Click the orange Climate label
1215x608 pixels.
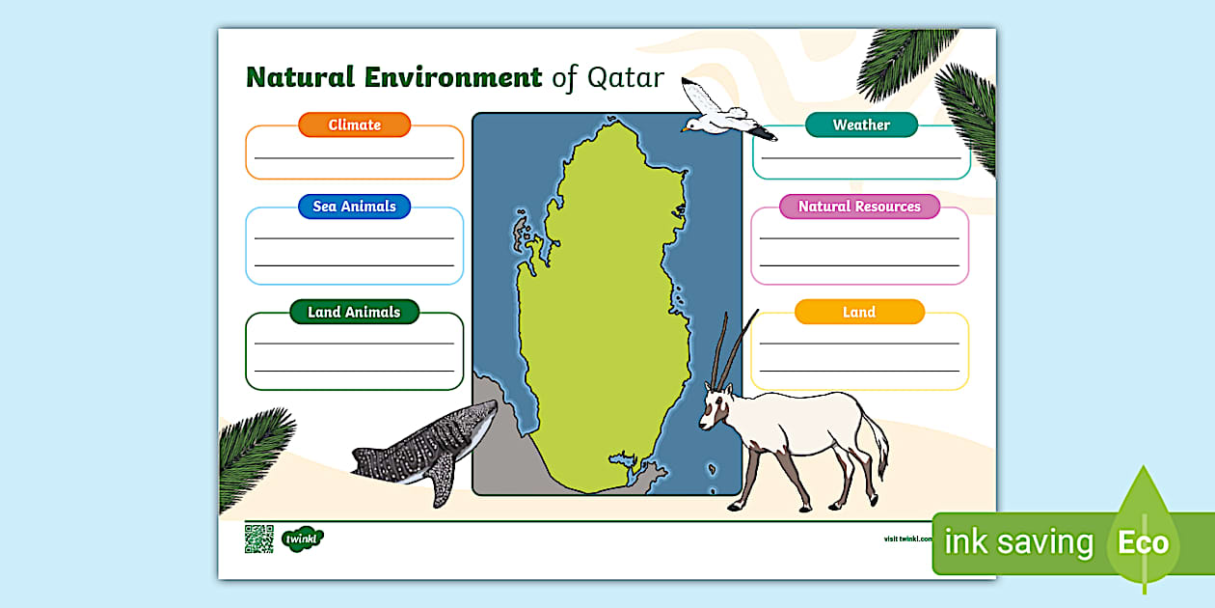[x=354, y=124]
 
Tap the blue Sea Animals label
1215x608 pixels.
[x=354, y=207]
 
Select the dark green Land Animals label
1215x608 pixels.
[x=354, y=312]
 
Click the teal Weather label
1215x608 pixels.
[x=861, y=124]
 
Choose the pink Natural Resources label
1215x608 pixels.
[x=859, y=207]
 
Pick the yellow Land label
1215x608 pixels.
[x=859, y=312]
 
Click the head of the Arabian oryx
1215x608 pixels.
[x=715, y=404]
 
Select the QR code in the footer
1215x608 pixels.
[x=258, y=539]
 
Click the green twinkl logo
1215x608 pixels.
[x=302, y=539]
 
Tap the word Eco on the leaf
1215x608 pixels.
[x=1143, y=542]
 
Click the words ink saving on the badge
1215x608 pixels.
[x=1018, y=542]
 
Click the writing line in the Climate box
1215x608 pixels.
[x=354, y=157]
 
